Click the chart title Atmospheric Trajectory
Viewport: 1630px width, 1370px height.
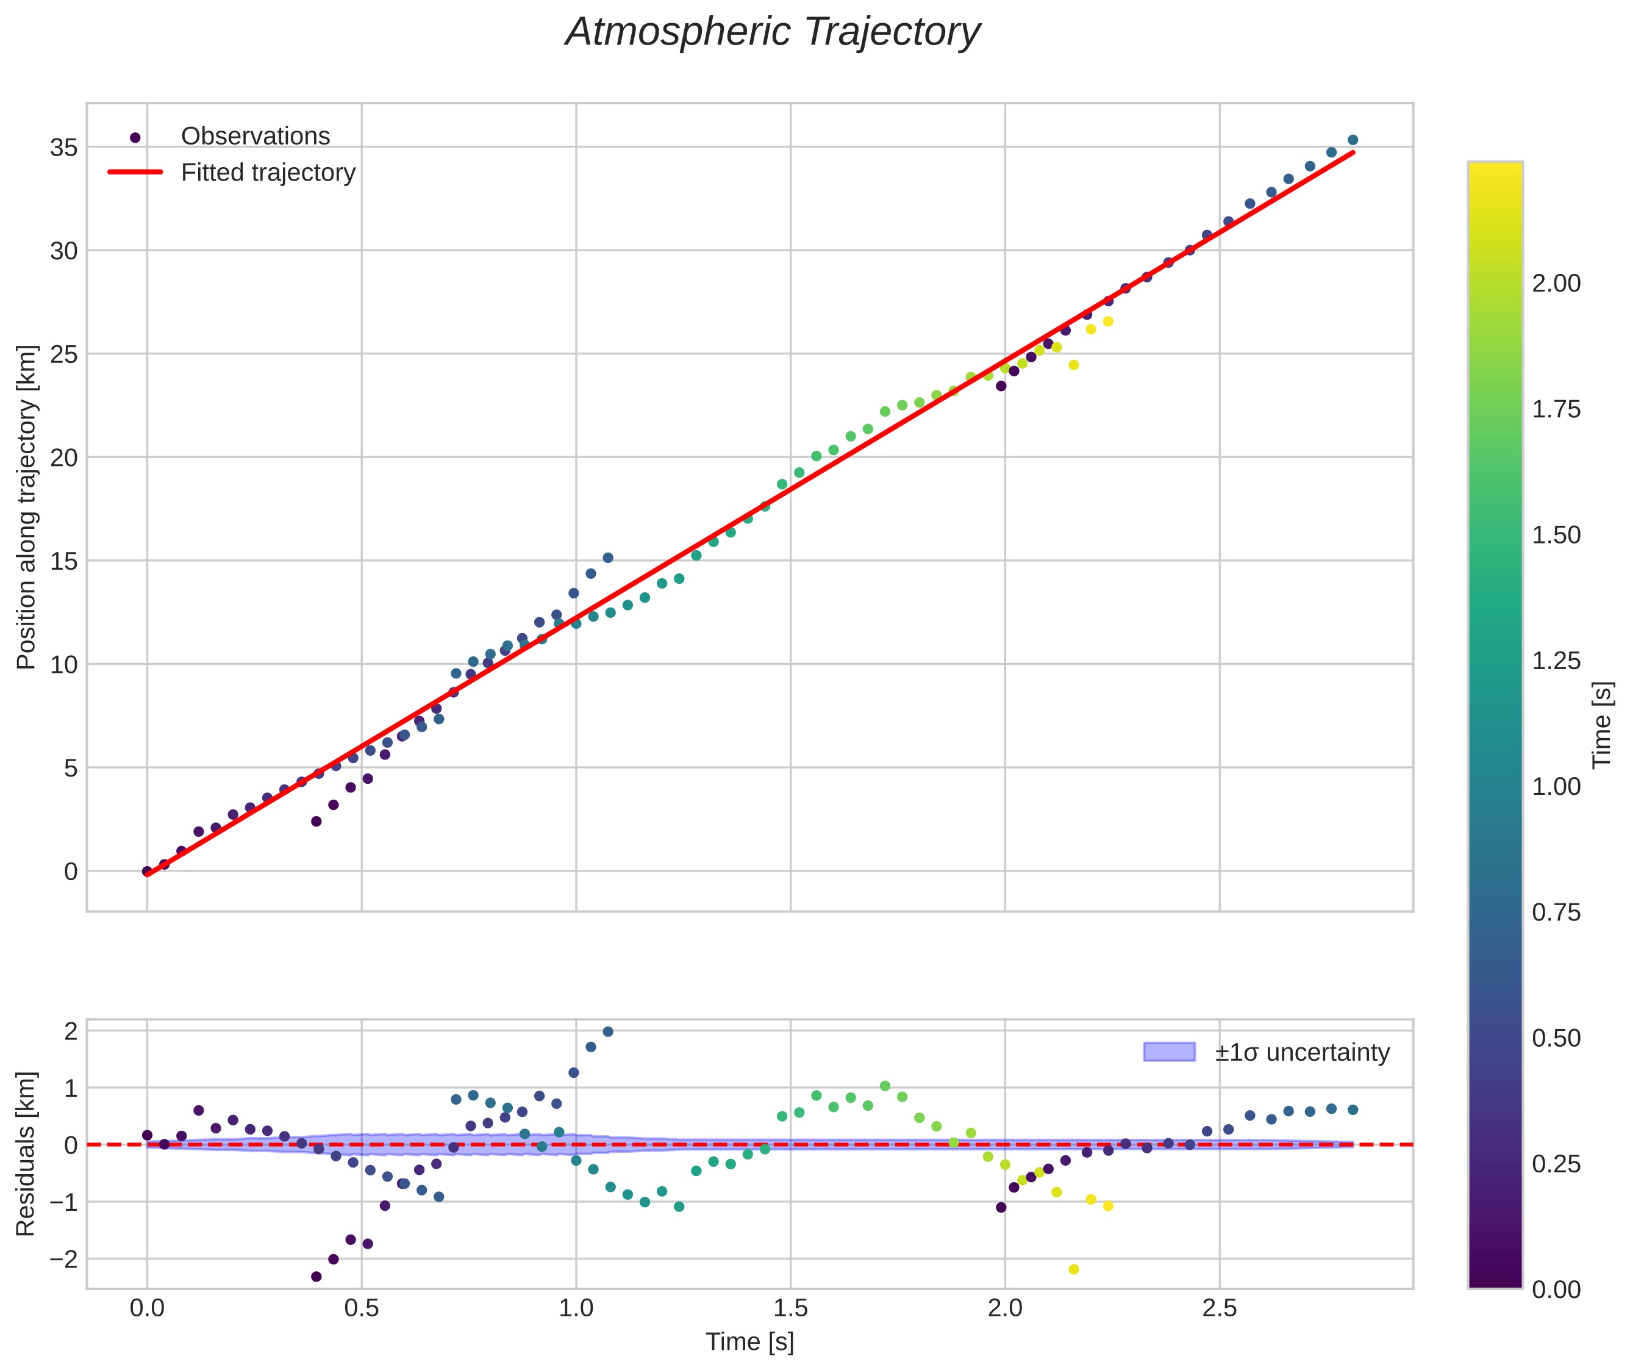click(773, 32)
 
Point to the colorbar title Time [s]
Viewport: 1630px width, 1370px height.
click(1603, 725)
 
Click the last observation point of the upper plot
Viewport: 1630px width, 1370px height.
click(1353, 140)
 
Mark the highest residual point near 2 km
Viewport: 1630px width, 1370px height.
click(608, 1032)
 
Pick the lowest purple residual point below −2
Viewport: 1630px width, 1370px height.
click(316, 1277)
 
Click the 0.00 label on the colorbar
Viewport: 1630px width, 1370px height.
click(1556, 1290)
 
